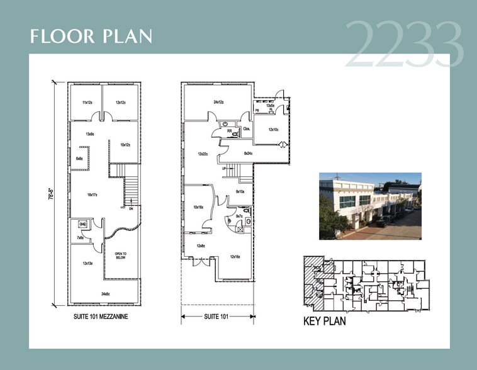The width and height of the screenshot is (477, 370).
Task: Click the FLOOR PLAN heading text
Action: pyautogui.click(x=91, y=36)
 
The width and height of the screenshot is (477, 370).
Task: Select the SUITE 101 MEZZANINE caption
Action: pyautogui.click(x=101, y=317)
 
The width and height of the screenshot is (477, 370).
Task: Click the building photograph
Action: pyautogui.click(x=370, y=206)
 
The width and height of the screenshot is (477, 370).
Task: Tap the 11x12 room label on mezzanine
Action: pyautogui.click(x=87, y=103)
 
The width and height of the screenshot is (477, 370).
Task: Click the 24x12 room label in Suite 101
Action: pyautogui.click(x=219, y=102)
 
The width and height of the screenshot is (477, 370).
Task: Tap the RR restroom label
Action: pyautogui.click(x=230, y=131)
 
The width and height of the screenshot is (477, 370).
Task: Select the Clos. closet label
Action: pyautogui.click(x=246, y=129)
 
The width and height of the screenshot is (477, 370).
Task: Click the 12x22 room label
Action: pyautogui.click(x=203, y=154)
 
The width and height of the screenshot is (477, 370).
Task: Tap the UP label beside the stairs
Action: pyautogui.click(x=223, y=169)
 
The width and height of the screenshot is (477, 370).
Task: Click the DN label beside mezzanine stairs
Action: pyautogui.click(x=131, y=210)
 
